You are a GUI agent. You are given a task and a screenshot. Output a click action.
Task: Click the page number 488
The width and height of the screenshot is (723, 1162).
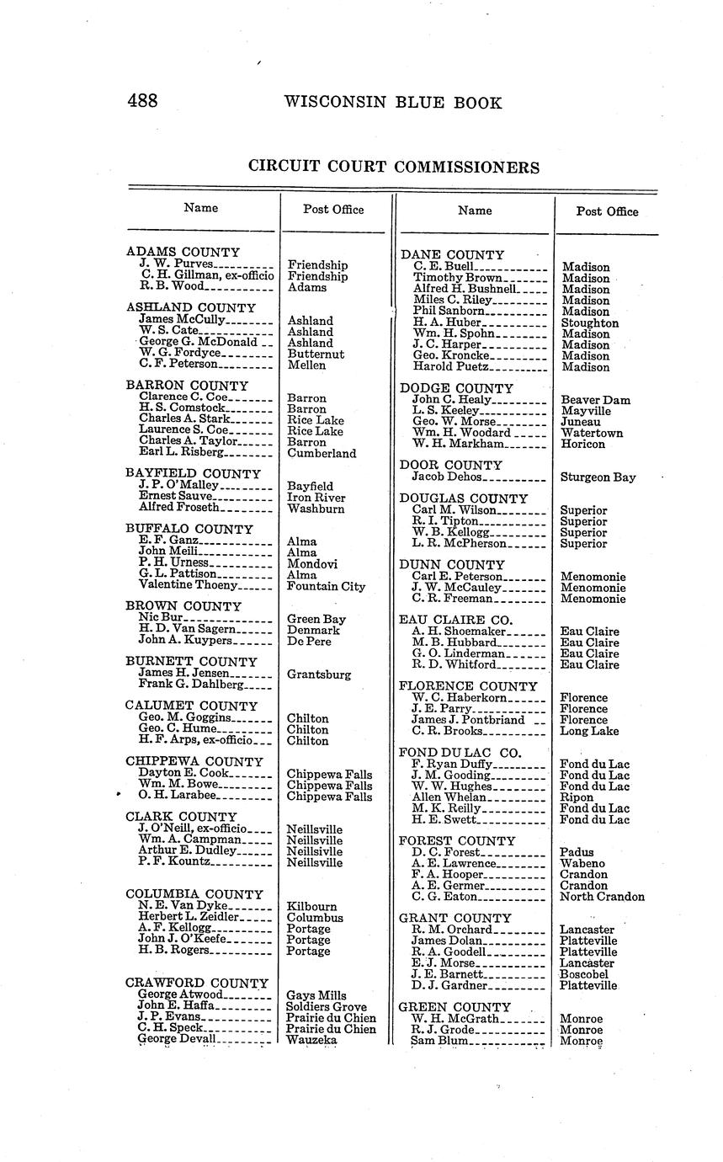(142, 102)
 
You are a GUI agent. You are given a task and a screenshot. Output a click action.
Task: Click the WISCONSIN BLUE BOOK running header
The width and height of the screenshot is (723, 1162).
(392, 103)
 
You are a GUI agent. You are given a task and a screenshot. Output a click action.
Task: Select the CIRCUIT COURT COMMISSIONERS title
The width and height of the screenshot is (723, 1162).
(393, 167)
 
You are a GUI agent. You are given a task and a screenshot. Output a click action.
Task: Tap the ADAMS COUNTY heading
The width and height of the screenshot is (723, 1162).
(183, 252)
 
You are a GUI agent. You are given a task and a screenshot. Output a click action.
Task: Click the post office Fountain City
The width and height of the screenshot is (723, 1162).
(326, 586)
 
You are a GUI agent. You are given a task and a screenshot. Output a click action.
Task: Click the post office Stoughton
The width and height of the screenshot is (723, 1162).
(589, 322)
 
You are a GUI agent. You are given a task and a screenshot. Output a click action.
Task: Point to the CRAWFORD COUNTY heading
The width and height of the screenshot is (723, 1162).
(196, 983)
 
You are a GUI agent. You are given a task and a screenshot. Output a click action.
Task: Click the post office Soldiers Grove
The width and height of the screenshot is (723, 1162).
(327, 1006)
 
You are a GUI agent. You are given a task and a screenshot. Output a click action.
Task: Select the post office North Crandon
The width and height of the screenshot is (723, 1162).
(602, 896)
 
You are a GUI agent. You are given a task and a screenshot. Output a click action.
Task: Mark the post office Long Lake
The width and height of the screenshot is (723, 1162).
(589, 731)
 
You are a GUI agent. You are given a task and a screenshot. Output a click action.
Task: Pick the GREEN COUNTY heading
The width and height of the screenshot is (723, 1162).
(455, 1007)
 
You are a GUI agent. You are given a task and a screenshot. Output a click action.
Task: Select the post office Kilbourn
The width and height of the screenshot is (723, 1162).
(312, 907)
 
